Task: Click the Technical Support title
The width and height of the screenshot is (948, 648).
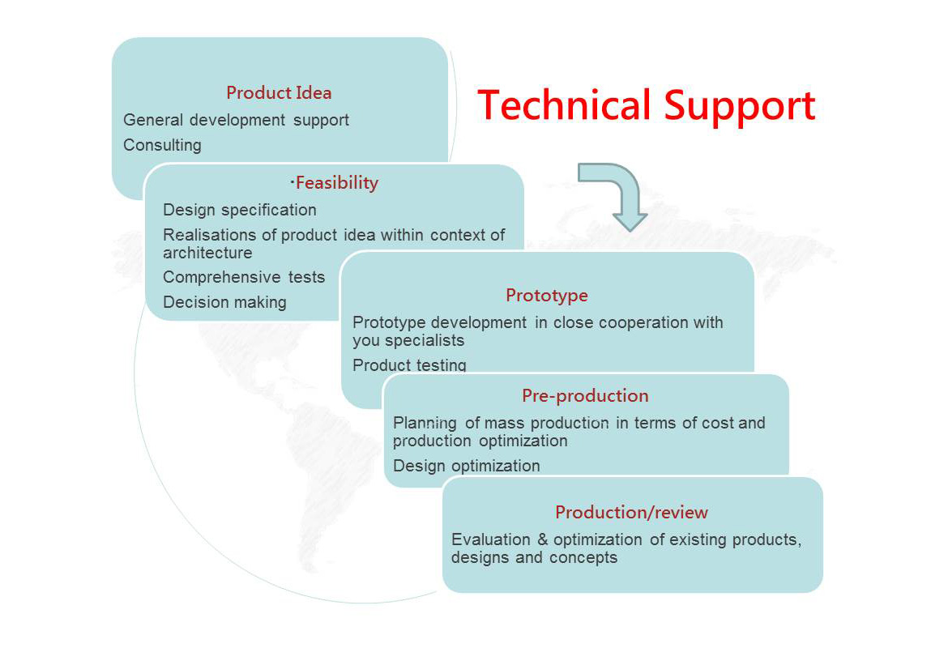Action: (647, 106)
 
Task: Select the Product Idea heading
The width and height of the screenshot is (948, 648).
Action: (279, 92)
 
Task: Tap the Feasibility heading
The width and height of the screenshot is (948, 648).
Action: (337, 182)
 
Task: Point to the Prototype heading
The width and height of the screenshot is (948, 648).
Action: (547, 296)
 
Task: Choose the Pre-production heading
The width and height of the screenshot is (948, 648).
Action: (585, 396)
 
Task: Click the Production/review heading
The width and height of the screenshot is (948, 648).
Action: (631, 513)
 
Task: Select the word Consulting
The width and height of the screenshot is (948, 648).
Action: (162, 146)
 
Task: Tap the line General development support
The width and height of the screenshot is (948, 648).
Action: (236, 121)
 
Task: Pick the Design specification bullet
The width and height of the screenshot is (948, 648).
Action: (239, 211)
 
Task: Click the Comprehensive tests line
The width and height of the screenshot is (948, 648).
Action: (244, 278)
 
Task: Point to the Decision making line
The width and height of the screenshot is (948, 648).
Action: (224, 302)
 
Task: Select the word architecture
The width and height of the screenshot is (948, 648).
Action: (207, 253)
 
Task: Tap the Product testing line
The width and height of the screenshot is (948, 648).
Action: (409, 365)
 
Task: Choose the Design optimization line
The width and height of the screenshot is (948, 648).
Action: (466, 466)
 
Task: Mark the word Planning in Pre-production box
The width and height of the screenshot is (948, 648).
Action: (425, 423)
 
